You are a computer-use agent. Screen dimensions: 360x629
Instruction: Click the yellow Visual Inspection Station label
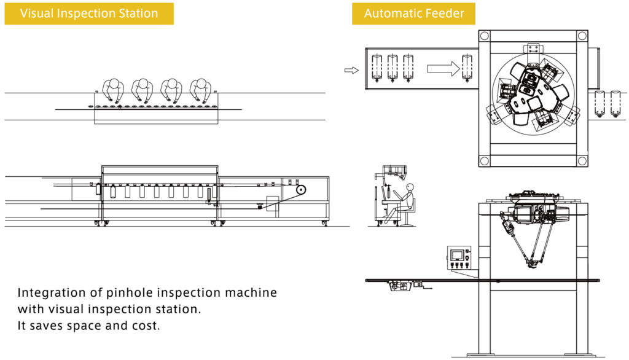pos(89,14)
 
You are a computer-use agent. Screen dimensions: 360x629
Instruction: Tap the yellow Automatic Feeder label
pos(413,14)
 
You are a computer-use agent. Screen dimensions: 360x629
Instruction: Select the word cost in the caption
pos(146,326)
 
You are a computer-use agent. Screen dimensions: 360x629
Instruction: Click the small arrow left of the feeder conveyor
pos(351,70)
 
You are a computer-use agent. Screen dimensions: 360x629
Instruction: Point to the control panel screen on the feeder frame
pos(458,254)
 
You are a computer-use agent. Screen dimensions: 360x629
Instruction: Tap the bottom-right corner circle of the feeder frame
pos(580,161)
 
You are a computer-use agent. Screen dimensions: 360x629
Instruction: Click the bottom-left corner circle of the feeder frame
pos(485,161)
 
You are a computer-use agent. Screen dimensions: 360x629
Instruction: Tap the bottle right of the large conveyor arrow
pos(468,68)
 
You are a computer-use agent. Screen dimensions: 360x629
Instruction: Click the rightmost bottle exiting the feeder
pos(615,103)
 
